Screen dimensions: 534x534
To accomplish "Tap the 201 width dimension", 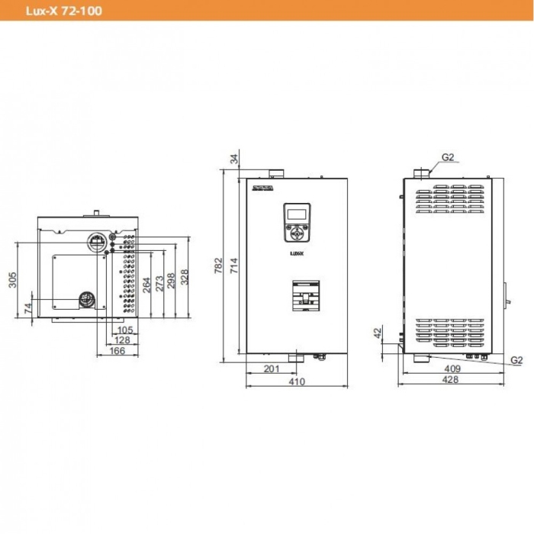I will click(x=270, y=368).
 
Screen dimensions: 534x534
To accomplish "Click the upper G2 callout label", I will click(x=448, y=157).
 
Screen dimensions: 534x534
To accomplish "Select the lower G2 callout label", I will click(x=516, y=359).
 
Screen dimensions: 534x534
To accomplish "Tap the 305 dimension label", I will click(x=11, y=280).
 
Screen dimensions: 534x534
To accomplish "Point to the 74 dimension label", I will click(x=27, y=307).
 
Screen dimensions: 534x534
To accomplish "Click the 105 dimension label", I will click(x=125, y=330).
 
